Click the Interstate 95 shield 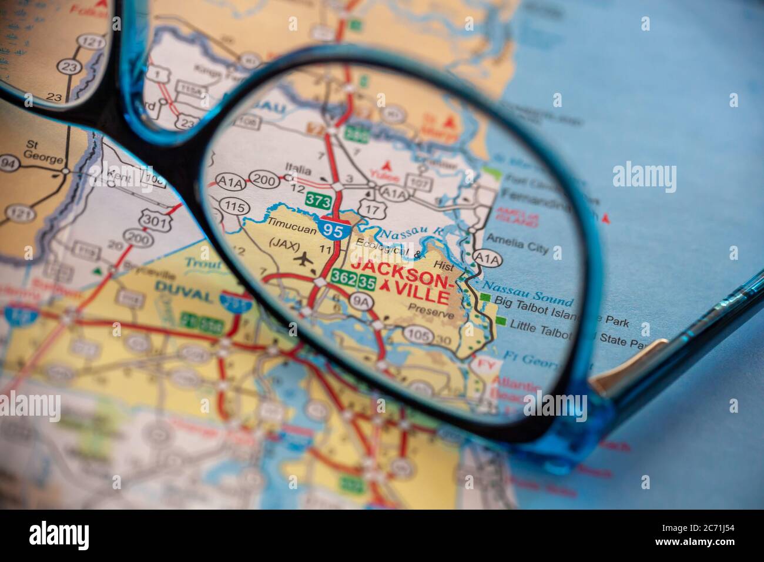click(x=333, y=229)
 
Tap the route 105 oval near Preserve click(x=418, y=336)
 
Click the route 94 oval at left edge click(x=8, y=162)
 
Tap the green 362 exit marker click(x=343, y=275)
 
